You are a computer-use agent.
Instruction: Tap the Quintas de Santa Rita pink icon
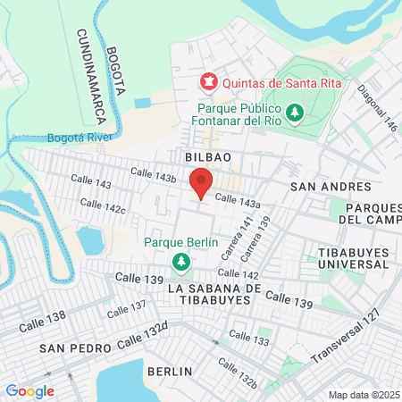208,82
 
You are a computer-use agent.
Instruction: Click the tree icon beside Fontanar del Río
297,113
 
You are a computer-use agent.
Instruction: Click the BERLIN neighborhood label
171,371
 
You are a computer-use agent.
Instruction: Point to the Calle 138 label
43,317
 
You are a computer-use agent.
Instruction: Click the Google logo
29,390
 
